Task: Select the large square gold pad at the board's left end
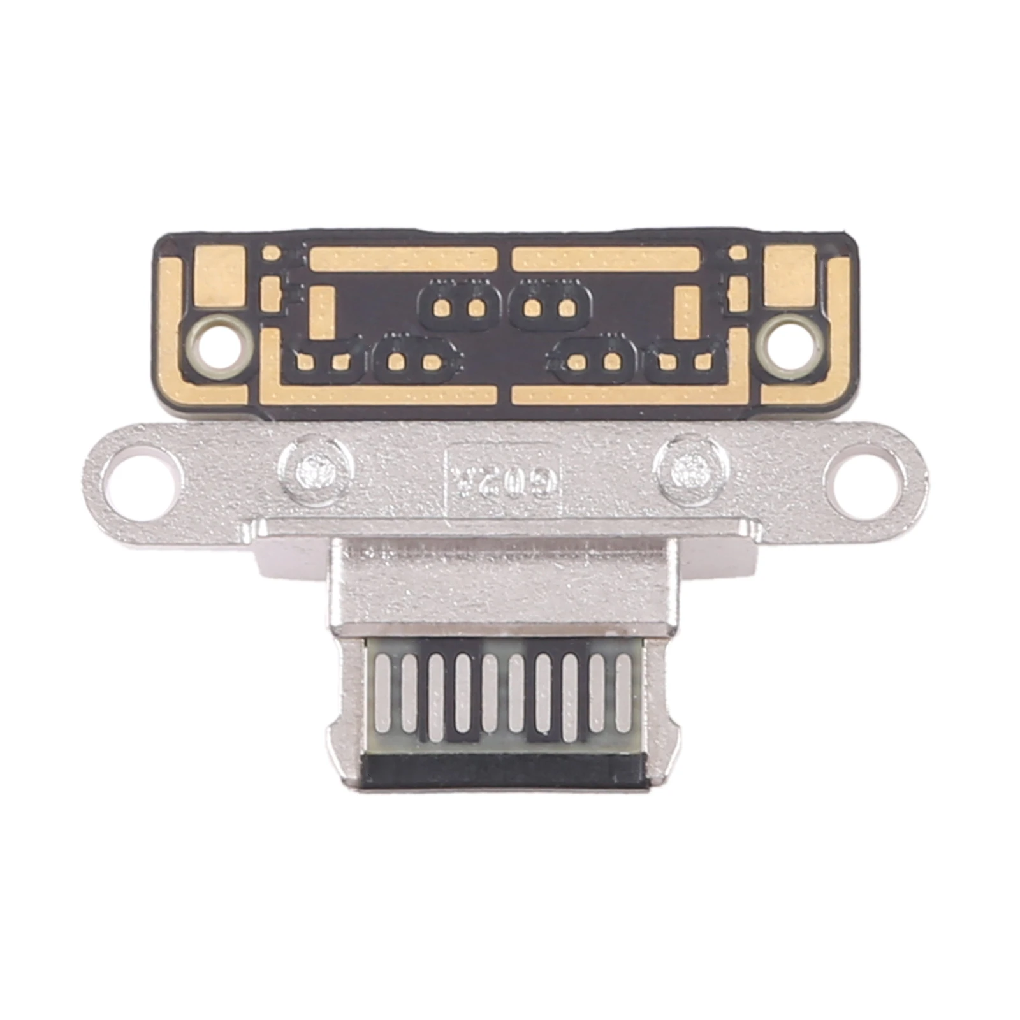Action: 219,276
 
